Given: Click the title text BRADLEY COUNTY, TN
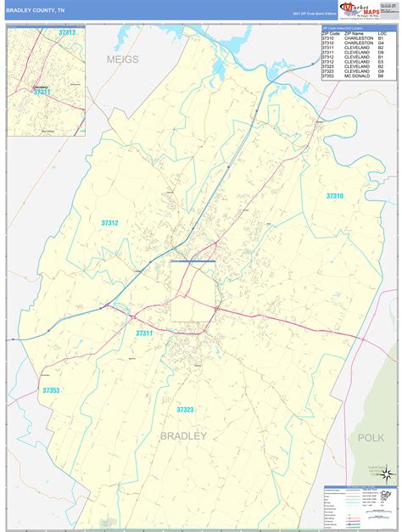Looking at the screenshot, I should [x=36, y=11].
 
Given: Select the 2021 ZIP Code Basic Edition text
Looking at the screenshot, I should [x=315, y=14].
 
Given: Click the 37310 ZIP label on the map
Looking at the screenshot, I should [x=334, y=196].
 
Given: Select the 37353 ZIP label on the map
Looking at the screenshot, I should [x=50, y=367].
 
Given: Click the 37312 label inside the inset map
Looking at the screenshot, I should [x=67, y=32].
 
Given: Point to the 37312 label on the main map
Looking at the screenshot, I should [x=109, y=222].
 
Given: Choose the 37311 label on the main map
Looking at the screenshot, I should [x=143, y=333].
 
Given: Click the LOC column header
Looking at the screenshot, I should [x=382, y=32].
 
